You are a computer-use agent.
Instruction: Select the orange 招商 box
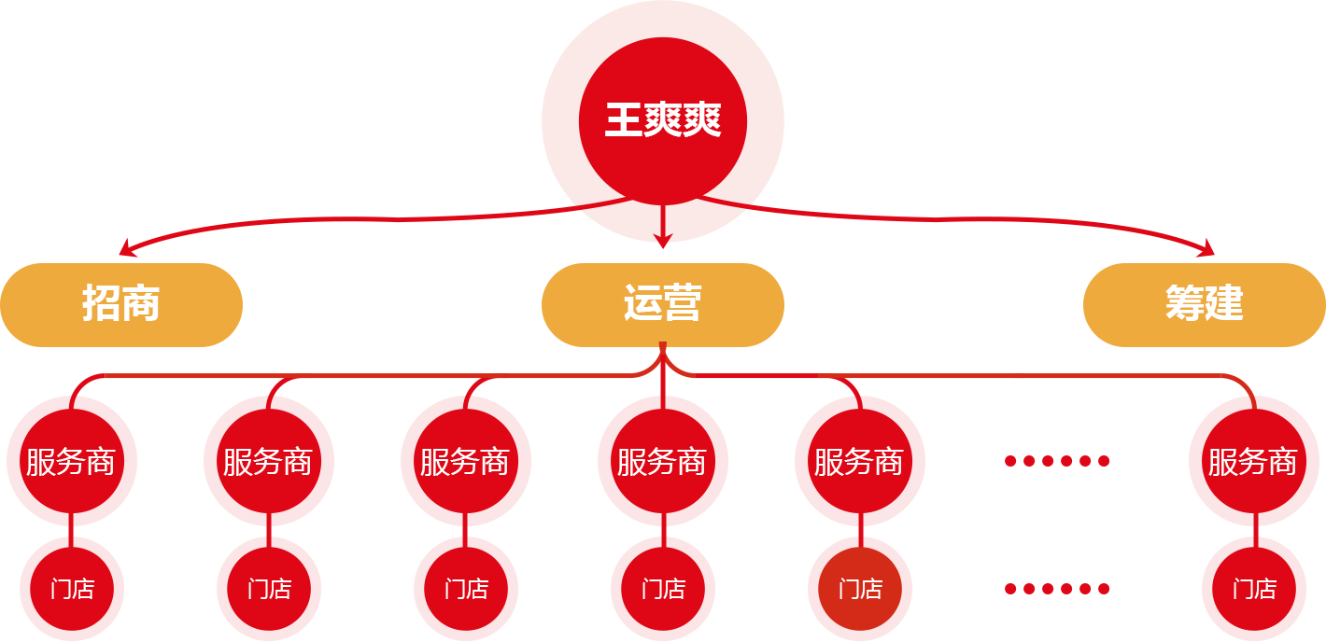tap(121, 304)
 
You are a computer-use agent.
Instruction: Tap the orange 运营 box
tap(662, 304)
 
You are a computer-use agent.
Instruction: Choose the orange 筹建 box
tap(1204, 304)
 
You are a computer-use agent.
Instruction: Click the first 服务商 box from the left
tap(72, 461)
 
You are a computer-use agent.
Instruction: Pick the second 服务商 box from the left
tap(269, 461)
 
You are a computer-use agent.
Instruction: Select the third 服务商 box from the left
tap(466, 461)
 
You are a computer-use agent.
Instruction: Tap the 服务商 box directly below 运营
tap(663, 461)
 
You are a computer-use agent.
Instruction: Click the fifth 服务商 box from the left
tap(860, 461)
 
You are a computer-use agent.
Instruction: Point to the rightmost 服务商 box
tap(1254, 461)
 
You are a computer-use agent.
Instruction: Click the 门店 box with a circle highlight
tap(860, 589)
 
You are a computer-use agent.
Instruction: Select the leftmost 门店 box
tap(72, 589)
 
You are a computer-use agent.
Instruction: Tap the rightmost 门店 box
tap(1254, 589)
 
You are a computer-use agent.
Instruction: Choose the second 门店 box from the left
tap(269, 589)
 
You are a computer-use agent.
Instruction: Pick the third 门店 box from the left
tap(466, 589)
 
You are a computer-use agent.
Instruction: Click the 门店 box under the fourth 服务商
tap(663, 589)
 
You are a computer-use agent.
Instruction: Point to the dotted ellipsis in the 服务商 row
tap(1057, 460)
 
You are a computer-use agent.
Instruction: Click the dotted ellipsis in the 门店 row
tap(1057, 588)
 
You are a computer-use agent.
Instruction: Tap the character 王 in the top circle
tap(623, 121)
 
